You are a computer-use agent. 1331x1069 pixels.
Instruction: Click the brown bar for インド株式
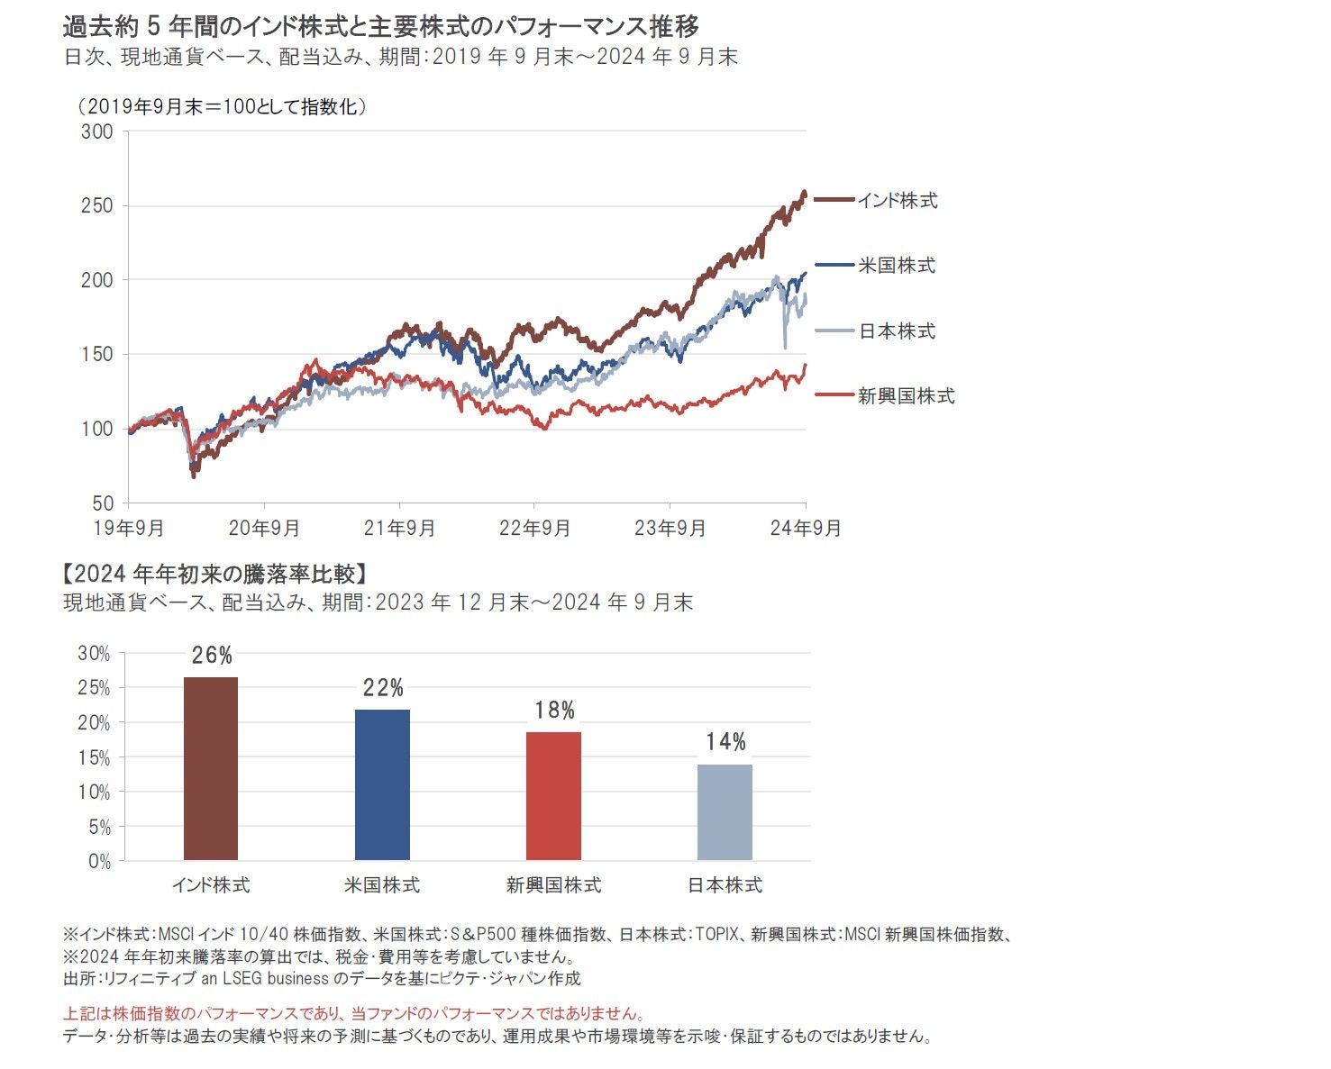click(x=211, y=768)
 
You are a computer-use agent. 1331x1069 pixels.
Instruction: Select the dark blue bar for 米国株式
click(x=382, y=784)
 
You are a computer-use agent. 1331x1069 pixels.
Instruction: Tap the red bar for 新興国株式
click(x=553, y=796)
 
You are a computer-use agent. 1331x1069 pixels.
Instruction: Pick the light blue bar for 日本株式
click(x=725, y=812)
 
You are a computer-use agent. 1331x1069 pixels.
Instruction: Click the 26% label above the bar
click(x=212, y=656)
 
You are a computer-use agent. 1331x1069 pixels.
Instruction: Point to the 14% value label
click(x=725, y=742)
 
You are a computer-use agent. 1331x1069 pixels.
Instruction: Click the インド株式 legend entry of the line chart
click(x=897, y=201)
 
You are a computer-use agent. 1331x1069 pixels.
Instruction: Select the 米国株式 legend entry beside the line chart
click(x=897, y=266)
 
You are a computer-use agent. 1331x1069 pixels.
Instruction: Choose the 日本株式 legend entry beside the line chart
click(x=897, y=331)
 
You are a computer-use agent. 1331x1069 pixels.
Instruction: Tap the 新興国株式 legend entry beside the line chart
click(x=906, y=396)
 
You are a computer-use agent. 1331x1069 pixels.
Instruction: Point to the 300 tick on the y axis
click(x=97, y=132)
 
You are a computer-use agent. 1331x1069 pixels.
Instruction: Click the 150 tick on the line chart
click(x=97, y=355)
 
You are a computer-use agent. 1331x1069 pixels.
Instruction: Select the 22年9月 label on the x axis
click(x=534, y=529)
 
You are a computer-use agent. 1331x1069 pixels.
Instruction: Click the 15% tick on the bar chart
click(x=95, y=758)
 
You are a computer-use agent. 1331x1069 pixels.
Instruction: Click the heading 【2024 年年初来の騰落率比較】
click(x=214, y=575)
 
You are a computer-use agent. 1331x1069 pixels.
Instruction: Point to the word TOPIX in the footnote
click(x=718, y=935)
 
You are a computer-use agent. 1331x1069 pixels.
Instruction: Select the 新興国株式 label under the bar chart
click(x=553, y=885)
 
